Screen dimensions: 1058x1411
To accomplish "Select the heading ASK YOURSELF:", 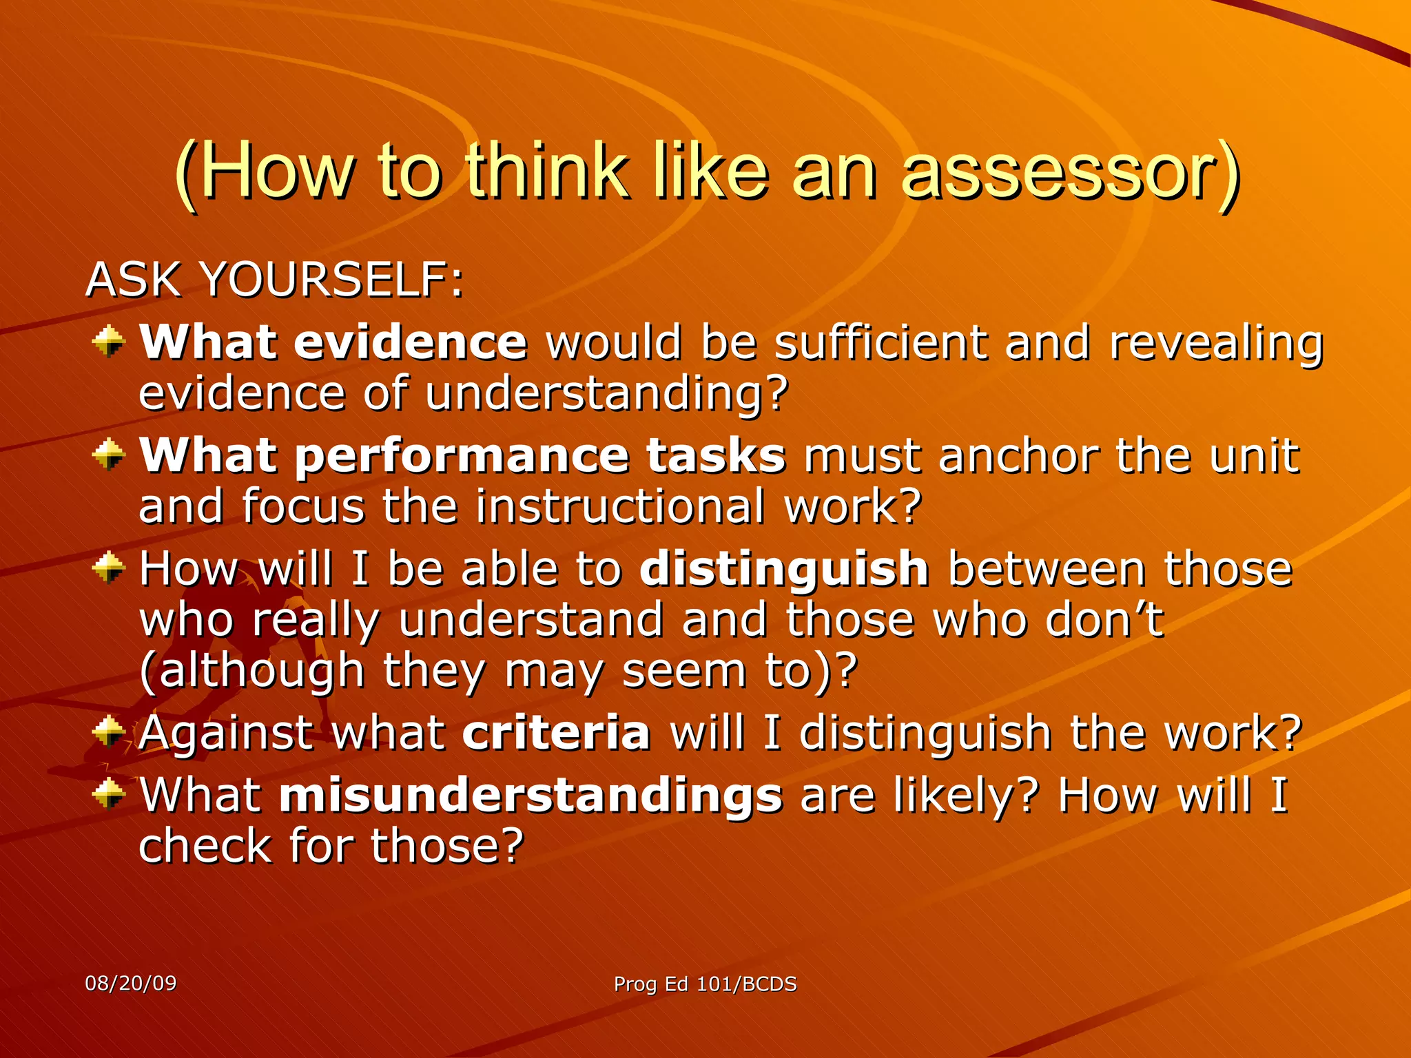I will [x=274, y=280].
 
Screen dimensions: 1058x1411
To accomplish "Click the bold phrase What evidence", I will [x=333, y=342].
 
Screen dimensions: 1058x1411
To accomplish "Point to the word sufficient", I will [x=880, y=342].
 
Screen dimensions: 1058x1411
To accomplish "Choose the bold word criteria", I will [x=556, y=732].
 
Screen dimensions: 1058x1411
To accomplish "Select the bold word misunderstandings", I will [x=531, y=796].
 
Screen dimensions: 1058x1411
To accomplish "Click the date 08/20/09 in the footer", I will [x=131, y=983].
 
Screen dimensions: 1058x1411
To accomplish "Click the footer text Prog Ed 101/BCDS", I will [x=705, y=984].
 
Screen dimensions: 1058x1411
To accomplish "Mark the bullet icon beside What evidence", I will [x=109, y=342].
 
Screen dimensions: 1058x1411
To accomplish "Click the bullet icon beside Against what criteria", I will [x=109, y=732].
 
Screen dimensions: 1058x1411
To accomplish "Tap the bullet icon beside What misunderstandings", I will [x=109, y=794].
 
